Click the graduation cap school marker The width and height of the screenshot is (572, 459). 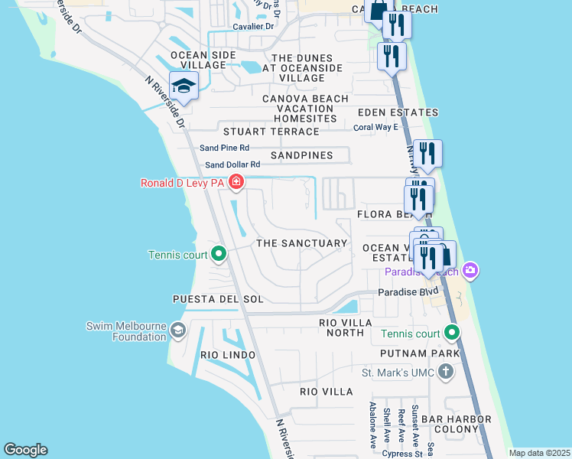[184, 86]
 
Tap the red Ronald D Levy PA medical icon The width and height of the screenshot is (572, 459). [236, 182]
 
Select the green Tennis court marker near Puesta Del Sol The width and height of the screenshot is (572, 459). [219, 254]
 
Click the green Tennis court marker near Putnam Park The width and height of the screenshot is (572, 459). [452, 333]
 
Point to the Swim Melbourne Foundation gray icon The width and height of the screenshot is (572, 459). [177, 330]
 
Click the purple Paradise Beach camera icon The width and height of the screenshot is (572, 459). [470, 271]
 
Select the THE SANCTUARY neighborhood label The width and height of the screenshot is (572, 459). [301, 243]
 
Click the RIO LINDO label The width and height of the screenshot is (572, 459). [226, 355]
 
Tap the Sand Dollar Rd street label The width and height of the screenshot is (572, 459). [232, 164]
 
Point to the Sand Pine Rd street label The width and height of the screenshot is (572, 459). [224, 148]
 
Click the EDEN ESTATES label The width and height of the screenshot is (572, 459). [398, 112]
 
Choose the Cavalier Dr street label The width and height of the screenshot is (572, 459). [248, 26]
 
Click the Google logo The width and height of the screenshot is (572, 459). [25, 450]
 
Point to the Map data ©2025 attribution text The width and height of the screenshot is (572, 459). [538, 453]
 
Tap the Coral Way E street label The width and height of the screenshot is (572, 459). [375, 127]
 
